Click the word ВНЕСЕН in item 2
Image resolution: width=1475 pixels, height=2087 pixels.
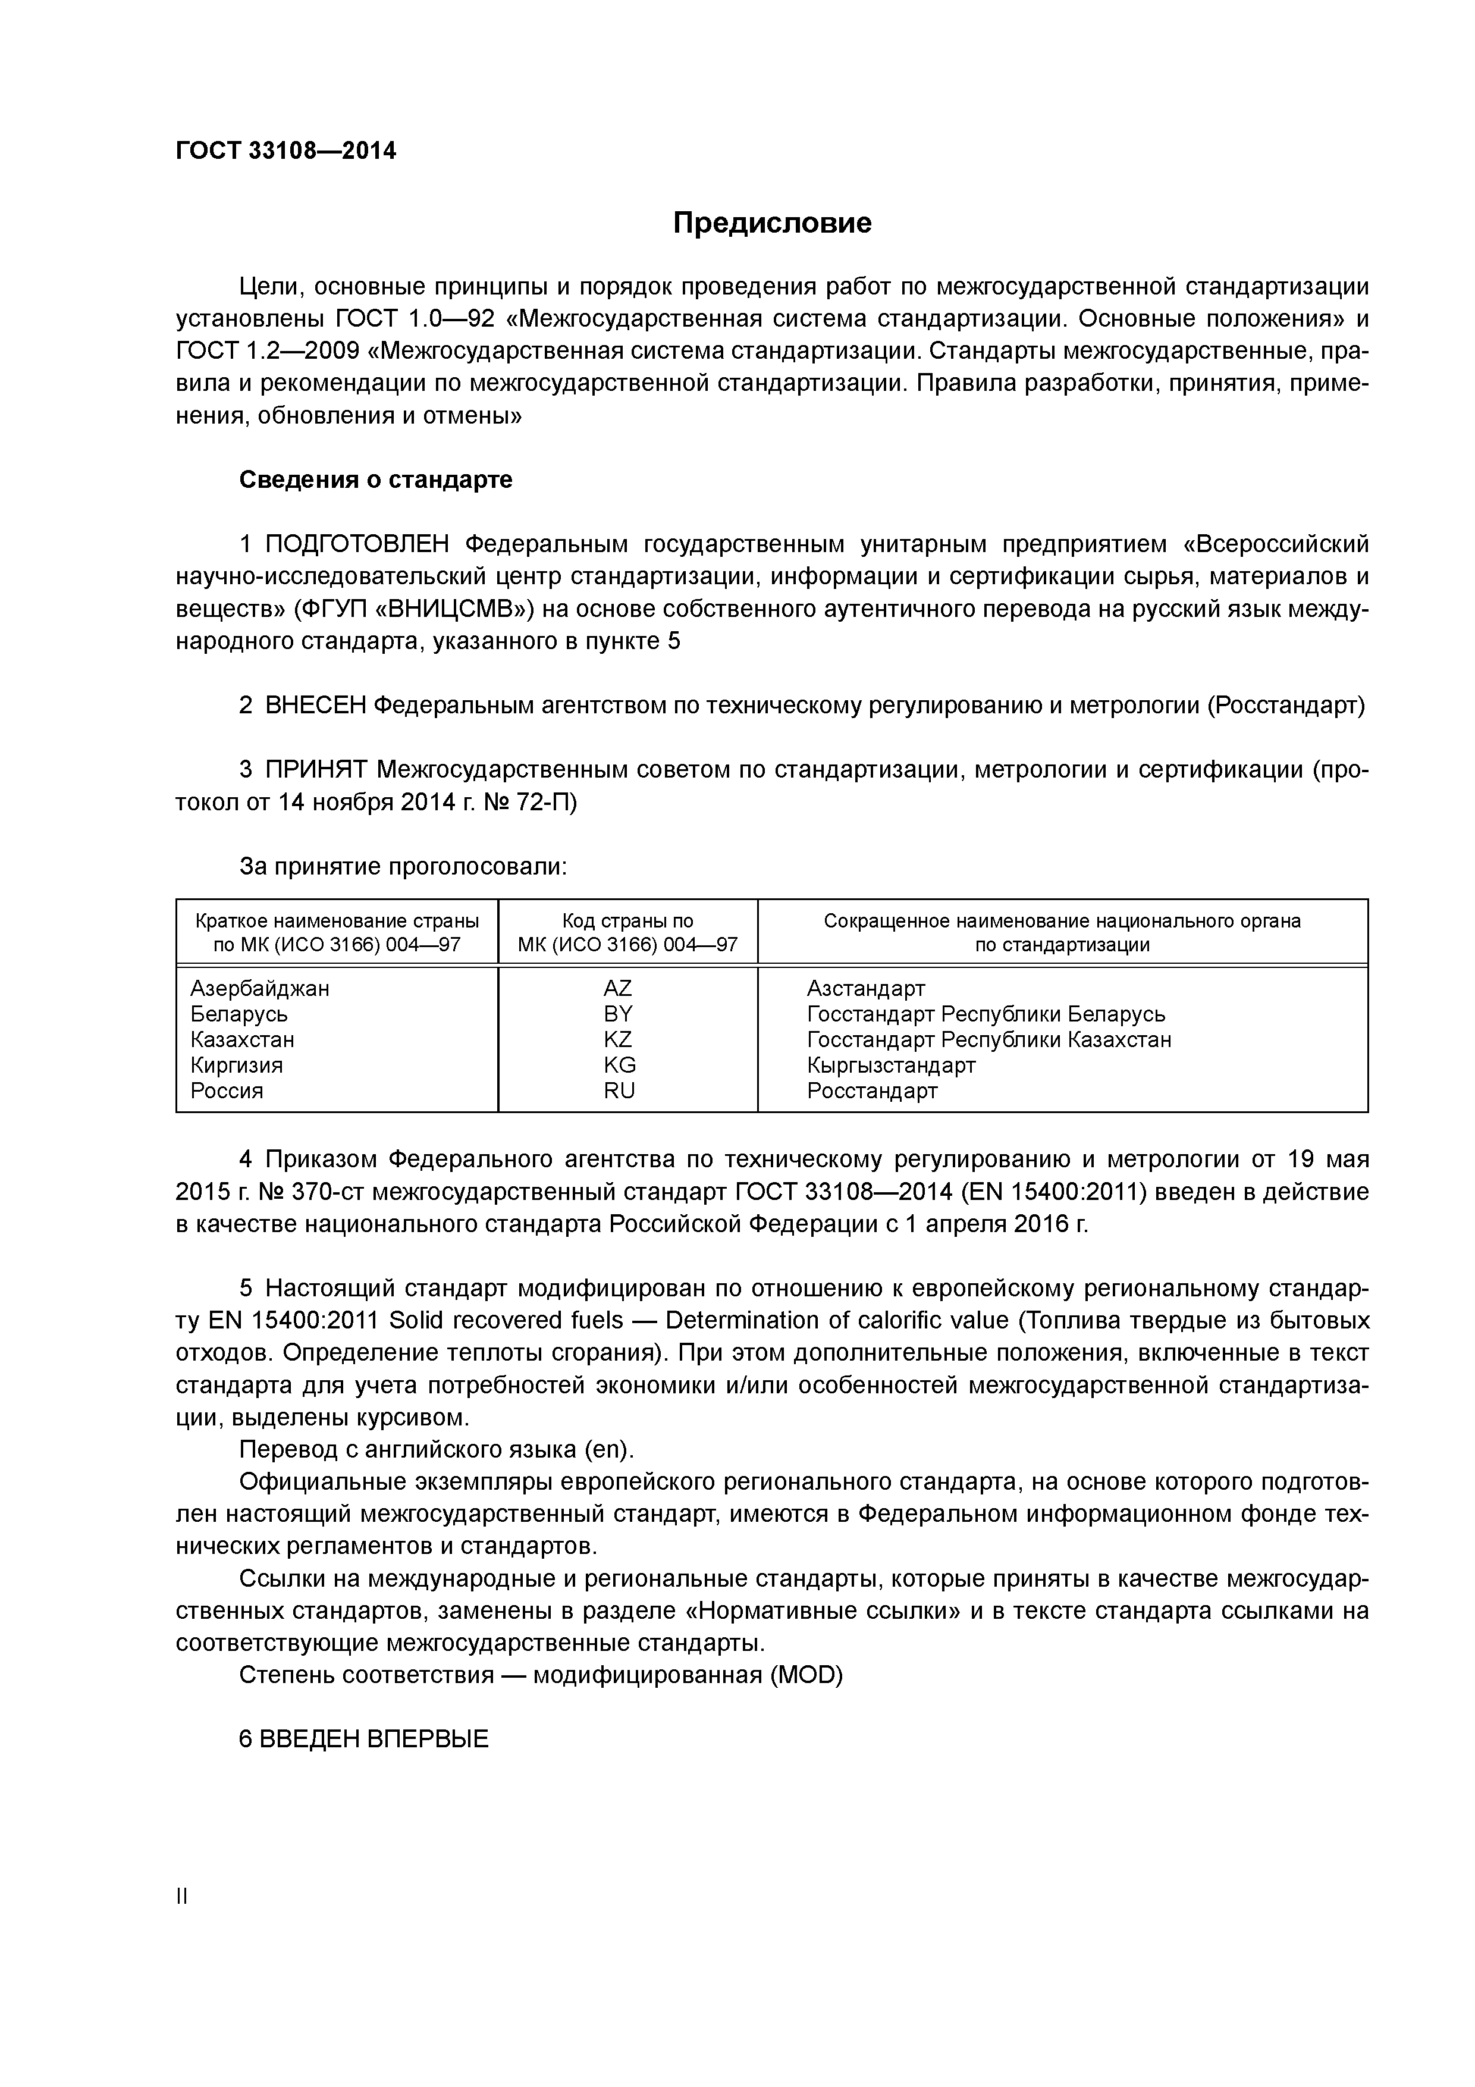[x=315, y=706]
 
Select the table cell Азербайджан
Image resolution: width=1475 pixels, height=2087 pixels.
[x=260, y=988]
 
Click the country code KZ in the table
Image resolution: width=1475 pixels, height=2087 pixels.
[x=618, y=1039]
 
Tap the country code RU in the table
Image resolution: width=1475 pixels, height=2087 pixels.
[x=619, y=1090]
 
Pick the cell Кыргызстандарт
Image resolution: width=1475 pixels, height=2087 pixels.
[x=890, y=1066]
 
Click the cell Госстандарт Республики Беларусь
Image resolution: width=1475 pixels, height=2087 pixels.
[x=985, y=1014]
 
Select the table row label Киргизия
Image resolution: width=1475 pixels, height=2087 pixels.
[x=236, y=1066]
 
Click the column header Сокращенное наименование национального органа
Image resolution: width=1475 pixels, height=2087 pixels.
[x=1062, y=921]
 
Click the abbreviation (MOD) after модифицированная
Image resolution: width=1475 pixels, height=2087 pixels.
[x=805, y=1674]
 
